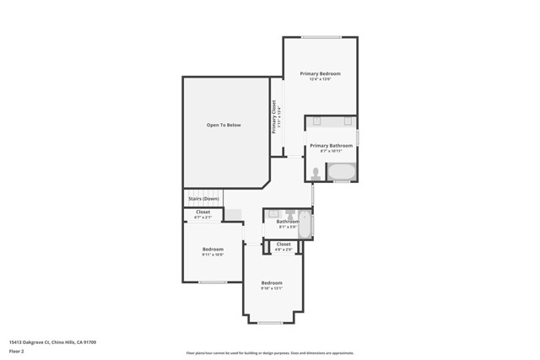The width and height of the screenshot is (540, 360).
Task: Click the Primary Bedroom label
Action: [x=320, y=74]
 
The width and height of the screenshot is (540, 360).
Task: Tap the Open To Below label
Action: [x=224, y=125]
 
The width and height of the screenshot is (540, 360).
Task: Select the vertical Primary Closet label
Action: [x=275, y=117]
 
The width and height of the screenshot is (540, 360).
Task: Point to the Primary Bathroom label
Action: [x=331, y=146]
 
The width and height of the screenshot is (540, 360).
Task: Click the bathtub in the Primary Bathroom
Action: [x=342, y=172]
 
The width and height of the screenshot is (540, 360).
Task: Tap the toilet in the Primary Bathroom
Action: [x=316, y=173]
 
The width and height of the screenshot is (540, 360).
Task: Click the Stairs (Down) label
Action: [x=204, y=198]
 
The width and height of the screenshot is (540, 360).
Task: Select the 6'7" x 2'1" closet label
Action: [x=202, y=214]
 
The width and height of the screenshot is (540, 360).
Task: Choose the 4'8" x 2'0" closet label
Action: [x=283, y=246]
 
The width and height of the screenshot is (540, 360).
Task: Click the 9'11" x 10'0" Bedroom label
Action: [x=213, y=250]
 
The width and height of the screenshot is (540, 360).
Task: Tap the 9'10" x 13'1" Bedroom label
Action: [x=271, y=284]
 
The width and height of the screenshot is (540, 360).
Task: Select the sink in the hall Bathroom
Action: [x=274, y=215]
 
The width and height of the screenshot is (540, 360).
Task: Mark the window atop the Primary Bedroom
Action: [x=321, y=37]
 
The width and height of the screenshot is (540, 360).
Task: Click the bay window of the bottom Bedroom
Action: [x=270, y=322]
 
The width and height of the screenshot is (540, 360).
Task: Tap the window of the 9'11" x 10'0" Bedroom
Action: [x=212, y=282]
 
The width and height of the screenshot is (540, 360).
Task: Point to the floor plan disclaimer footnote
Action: [x=269, y=353]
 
